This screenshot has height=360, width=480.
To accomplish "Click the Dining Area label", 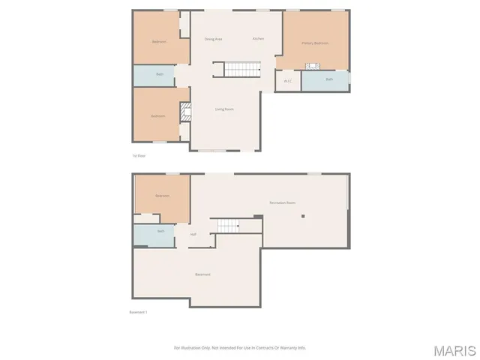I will (x=214, y=39).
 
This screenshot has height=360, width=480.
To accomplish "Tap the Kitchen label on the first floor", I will (x=258, y=38).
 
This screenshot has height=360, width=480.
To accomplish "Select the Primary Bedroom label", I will (x=315, y=43).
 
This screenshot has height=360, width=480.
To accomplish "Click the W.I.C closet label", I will (x=287, y=81).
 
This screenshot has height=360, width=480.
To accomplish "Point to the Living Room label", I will (x=225, y=109).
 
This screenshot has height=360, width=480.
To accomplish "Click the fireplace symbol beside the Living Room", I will (x=184, y=112).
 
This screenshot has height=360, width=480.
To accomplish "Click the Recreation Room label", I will (x=283, y=203).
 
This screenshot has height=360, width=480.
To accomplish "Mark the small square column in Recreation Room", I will (x=303, y=216).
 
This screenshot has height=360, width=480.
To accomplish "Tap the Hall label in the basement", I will (x=193, y=235).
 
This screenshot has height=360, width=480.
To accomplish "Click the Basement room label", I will (x=202, y=274).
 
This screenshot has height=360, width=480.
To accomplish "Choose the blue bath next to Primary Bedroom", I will (x=328, y=79).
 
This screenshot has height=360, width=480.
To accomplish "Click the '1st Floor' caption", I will (x=139, y=156).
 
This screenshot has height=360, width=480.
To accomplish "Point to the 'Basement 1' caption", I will (x=139, y=313).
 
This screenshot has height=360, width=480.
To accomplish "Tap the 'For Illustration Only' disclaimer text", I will (x=240, y=347).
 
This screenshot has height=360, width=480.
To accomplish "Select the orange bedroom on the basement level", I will (x=162, y=196).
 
